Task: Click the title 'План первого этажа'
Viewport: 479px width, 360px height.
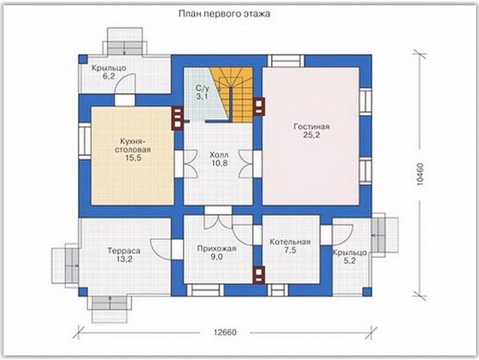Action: click(224, 14)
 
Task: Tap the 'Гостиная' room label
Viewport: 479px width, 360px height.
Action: click(311, 126)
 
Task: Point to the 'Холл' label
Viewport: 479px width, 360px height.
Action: click(219, 155)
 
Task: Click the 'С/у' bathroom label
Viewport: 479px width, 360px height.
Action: click(202, 88)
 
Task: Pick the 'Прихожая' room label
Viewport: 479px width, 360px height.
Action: click(217, 249)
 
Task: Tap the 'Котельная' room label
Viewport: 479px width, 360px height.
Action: click(290, 242)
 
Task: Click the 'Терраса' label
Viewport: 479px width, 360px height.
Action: click(124, 251)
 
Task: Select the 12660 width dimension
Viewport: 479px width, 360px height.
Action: click(225, 332)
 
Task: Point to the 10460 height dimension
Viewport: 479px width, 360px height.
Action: click(420, 175)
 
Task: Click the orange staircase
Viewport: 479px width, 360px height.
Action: click(236, 95)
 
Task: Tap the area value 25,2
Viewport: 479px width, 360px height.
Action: click(311, 135)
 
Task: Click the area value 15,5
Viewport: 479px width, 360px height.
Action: click(134, 158)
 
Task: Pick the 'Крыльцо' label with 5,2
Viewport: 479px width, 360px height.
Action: click(350, 256)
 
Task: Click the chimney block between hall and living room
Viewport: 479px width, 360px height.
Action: click(258, 107)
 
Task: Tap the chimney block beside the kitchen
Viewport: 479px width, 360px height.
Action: click(178, 119)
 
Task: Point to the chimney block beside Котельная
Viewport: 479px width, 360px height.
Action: click(258, 275)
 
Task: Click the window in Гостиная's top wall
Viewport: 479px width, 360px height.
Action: click(286, 61)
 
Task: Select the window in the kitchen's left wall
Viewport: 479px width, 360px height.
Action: click(85, 141)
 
